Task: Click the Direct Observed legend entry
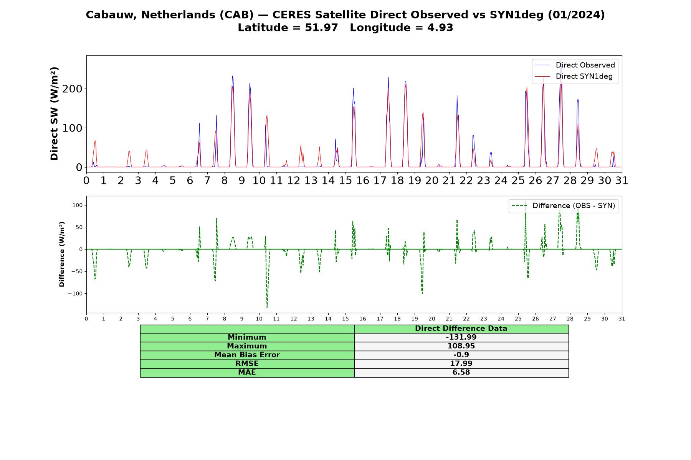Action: [x=575, y=65]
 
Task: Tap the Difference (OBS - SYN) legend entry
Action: [x=563, y=206]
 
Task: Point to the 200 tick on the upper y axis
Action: [x=73, y=89]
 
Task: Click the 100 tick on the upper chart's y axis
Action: [x=73, y=128]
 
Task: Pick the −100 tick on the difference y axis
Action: [x=75, y=294]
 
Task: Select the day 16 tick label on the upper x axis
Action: [x=363, y=180]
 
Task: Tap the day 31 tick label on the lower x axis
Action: [x=622, y=319]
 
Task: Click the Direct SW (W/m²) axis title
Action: [x=54, y=113]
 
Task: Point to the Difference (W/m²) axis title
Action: [x=62, y=254]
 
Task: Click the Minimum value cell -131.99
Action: [x=461, y=337]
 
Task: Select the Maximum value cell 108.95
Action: [x=461, y=346]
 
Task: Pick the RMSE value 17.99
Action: [x=461, y=364]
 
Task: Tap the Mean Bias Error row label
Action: [x=247, y=355]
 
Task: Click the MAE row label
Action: [x=247, y=373]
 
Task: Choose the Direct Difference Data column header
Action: [x=461, y=329]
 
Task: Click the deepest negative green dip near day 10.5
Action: [x=267, y=307]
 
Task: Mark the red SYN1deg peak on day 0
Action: [x=95, y=141]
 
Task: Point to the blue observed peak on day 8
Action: [x=232, y=76]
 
